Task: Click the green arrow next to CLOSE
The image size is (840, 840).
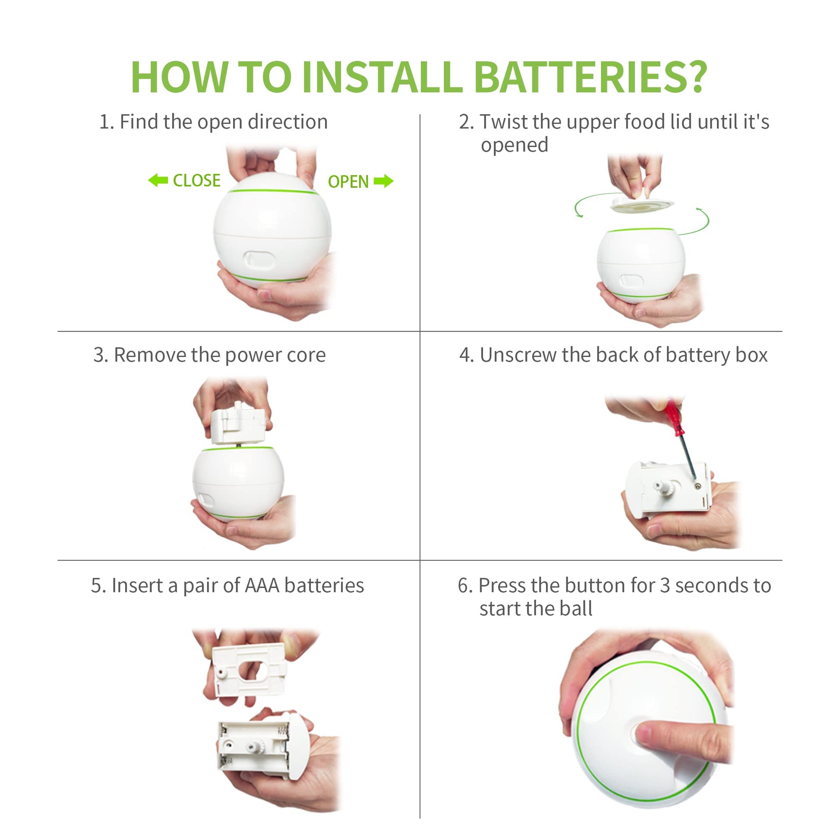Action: point(158,180)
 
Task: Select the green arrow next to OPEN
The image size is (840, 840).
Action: point(383,181)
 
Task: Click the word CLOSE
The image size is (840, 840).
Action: point(196,180)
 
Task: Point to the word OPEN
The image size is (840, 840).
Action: point(348,182)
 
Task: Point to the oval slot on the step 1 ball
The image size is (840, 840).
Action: point(259,259)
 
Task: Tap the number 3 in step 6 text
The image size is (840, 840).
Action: point(665,586)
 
